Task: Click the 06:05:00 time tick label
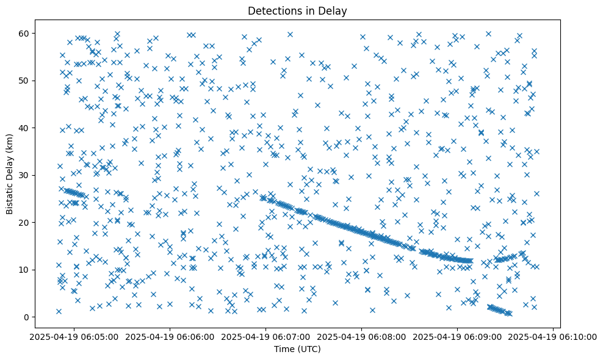73,336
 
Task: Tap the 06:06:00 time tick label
169,336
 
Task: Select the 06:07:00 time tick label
265,336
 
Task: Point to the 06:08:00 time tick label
361,336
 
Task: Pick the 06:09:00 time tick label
457,336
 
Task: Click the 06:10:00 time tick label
553,336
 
